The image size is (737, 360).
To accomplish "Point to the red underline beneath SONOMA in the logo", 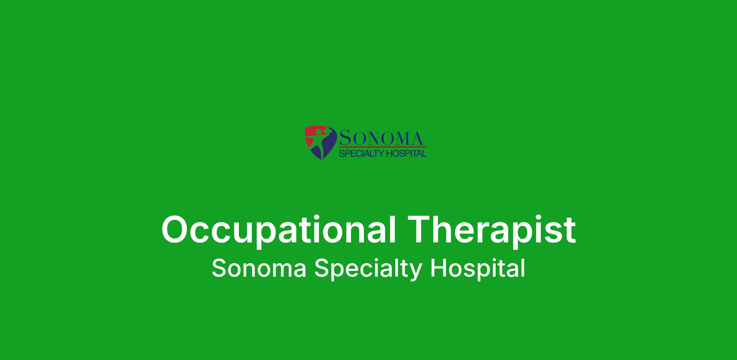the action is [383, 147].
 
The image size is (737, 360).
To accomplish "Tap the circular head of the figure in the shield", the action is [319, 131].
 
